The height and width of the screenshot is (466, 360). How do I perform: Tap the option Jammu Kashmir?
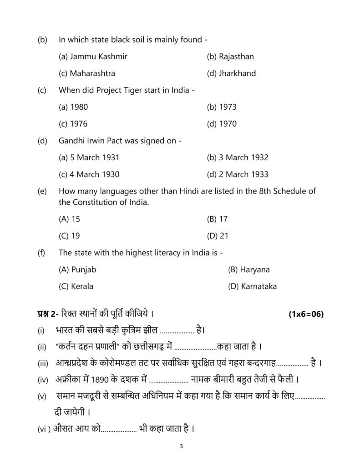point(93,56)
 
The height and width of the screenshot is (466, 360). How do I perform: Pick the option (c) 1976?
point(73,124)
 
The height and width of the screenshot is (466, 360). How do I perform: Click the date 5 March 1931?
point(89,157)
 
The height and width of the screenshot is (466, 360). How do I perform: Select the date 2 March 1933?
point(238,174)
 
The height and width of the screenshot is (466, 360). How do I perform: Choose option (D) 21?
point(218,236)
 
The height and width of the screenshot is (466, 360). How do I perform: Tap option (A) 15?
point(70,219)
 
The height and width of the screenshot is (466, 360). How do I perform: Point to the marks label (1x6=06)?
point(306,314)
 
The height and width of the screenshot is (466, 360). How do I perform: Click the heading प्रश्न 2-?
point(48,314)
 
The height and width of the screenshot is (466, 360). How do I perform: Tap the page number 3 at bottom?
point(181,446)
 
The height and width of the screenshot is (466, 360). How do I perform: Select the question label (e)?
point(42,192)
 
